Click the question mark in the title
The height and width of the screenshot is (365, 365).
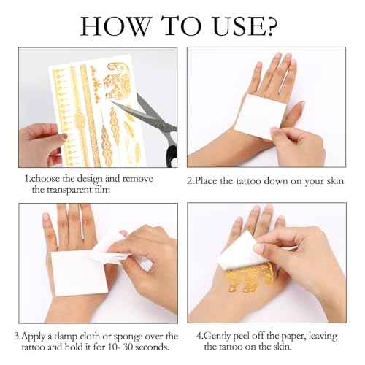tap(270, 26)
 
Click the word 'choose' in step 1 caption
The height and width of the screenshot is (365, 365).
tap(45, 179)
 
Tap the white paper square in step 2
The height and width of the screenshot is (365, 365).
tap(260, 115)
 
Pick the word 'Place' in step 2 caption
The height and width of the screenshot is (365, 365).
tap(206, 181)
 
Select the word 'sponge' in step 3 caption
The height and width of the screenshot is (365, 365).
tap(128, 337)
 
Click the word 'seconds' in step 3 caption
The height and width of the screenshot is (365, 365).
tap(152, 347)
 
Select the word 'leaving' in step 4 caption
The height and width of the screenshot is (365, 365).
tap(323, 337)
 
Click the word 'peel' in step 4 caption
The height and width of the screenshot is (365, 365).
tap(242, 337)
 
